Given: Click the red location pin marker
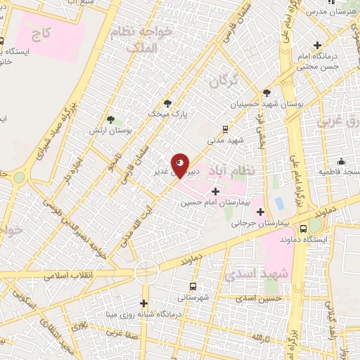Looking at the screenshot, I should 180,165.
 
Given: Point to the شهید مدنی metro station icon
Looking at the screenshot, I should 225,129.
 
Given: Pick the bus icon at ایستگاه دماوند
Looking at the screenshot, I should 303,229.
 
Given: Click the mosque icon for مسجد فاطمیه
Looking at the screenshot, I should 340,162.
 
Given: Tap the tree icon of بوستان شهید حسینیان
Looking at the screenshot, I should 266,92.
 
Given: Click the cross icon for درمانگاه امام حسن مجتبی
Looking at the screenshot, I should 320,45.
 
